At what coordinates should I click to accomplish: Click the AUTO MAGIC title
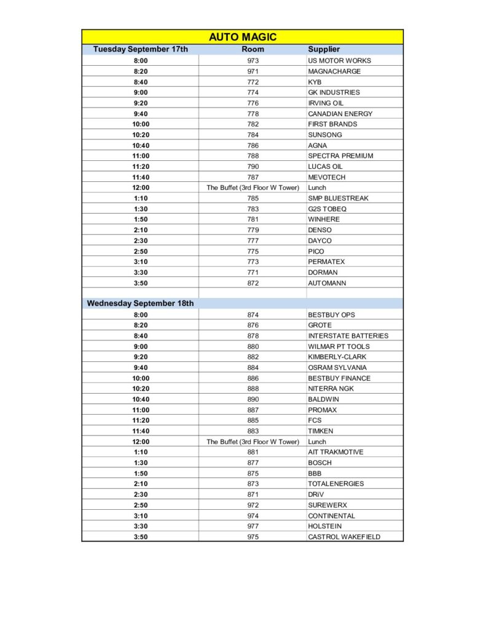pyautogui.click(x=243, y=37)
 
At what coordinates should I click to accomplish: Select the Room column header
pyautogui.click(x=253, y=49)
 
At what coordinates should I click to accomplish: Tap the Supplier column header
pyautogui.click(x=324, y=49)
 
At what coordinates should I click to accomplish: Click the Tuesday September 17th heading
pyautogui.click(x=140, y=49)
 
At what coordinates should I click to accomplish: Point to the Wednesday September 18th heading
pyautogui.click(x=140, y=303)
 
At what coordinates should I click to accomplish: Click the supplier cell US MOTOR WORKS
pyautogui.click(x=339, y=61)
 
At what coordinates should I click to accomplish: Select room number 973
pyautogui.click(x=253, y=61)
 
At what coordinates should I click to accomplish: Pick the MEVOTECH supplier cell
pyautogui.click(x=326, y=178)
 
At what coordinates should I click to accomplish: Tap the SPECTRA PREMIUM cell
pyautogui.click(x=340, y=156)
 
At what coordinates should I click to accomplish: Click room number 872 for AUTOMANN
pyautogui.click(x=253, y=283)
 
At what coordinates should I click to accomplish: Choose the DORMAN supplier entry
pyautogui.click(x=323, y=272)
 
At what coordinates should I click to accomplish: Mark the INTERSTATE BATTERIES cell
pyautogui.click(x=348, y=336)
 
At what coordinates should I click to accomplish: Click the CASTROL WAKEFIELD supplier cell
pyautogui.click(x=344, y=537)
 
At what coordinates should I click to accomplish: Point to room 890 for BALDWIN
pyautogui.click(x=253, y=399)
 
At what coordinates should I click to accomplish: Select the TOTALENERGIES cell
pyautogui.click(x=335, y=484)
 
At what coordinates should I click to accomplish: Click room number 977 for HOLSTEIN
pyautogui.click(x=253, y=526)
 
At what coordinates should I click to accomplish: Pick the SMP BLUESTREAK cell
pyautogui.click(x=338, y=198)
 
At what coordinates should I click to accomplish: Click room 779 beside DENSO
pyautogui.click(x=253, y=230)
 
